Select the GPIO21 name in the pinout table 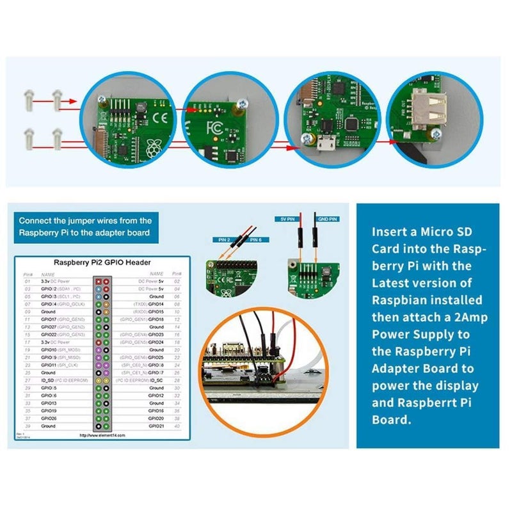click(156, 426)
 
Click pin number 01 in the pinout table click(27, 281)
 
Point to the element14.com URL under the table click(102, 435)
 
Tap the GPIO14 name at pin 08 click(156, 304)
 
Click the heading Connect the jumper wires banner click(85, 226)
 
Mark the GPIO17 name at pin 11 click(50, 319)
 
